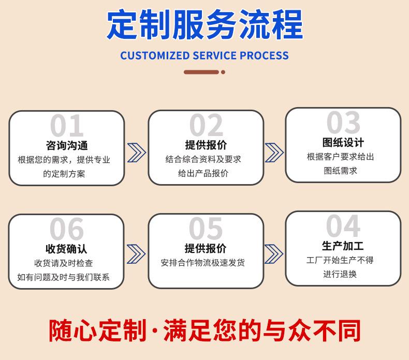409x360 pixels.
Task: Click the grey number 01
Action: pyautogui.click(x=67, y=126)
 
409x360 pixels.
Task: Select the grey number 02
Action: pyautogui.click(x=206, y=126)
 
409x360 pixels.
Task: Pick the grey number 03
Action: pyautogui.click(x=343, y=123)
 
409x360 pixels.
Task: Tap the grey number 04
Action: pyautogui.click(x=343, y=226)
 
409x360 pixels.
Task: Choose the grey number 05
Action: pyautogui.click(x=206, y=229)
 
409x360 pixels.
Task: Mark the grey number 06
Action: pyautogui.click(x=67, y=229)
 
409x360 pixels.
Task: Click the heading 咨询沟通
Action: pyautogui.click(x=67, y=145)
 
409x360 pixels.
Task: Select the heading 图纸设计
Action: pyautogui.click(x=343, y=142)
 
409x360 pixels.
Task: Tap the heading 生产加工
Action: pyautogui.click(x=343, y=246)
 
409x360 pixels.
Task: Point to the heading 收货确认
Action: pyautogui.click(x=67, y=249)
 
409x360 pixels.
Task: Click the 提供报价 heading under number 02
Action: pyautogui.click(x=206, y=145)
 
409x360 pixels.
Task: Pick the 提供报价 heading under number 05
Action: pyautogui.click(x=206, y=249)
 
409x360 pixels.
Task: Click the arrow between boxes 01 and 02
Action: pyautogui.click(x=136, y=152)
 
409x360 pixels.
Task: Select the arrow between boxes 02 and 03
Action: pyautogui.click(x=274, y=152)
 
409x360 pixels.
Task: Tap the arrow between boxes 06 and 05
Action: pyautogui.click(x=136, y=253)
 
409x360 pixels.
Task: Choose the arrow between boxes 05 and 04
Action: pyautogui.click(x=274, y=253)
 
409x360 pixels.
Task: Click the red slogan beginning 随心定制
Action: pyautogui.click(x=204, y=331)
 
